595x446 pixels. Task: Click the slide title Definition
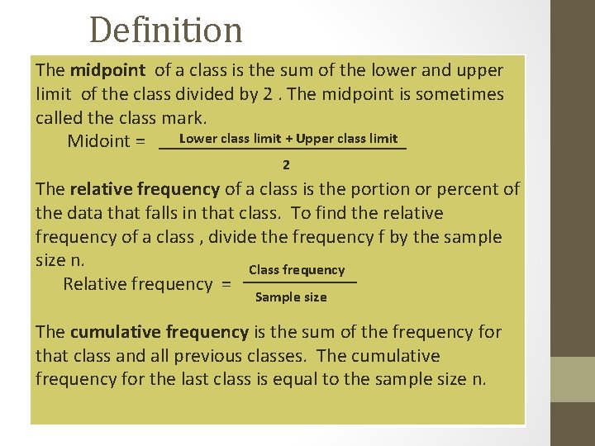[x=165, y=31]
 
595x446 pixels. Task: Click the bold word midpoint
[x=107, y=70]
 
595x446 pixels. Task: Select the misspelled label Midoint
[x=98, y=141]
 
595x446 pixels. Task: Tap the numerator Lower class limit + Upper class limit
[x=288, y=139]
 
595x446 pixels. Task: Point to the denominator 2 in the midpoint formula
[x=286, y=165]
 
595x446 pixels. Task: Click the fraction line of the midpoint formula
[x=282, y=149]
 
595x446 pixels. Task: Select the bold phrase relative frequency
[x=145, y=189]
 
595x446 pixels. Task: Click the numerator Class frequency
[x=297, y=270]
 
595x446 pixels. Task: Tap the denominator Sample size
[x=291, y=297]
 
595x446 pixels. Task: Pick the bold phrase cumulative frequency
[x=159, y=332]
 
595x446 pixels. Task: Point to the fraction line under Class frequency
[x=301, y=283]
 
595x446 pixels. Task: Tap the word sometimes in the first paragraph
[x=459, y=94]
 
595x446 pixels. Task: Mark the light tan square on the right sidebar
[x=573, y=379]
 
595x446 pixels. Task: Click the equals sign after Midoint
[x=140, y=141]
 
